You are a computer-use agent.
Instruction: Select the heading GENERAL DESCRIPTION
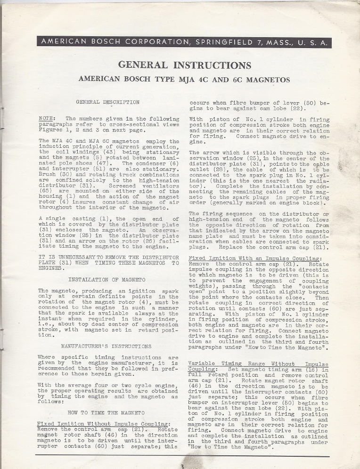tap(108, 102)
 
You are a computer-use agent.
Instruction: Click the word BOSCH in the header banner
tap(98, 42)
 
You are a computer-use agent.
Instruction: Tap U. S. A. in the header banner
tap(313, 42)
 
